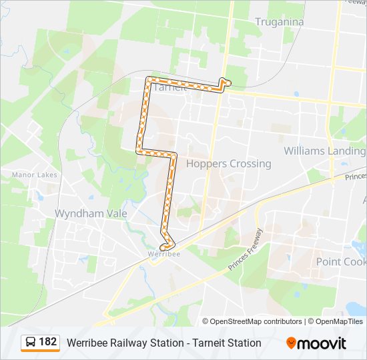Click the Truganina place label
[280, 22]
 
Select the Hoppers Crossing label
[228, 163]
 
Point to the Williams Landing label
[324, 151]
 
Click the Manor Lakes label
[34, 175]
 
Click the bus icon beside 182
[30, 343]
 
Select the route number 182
[47, 342]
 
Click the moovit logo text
[323, 343]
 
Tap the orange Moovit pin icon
[292, 343]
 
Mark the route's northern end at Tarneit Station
[228, 82]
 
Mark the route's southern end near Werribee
[162, 247]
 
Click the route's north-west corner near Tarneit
[148, 79]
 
